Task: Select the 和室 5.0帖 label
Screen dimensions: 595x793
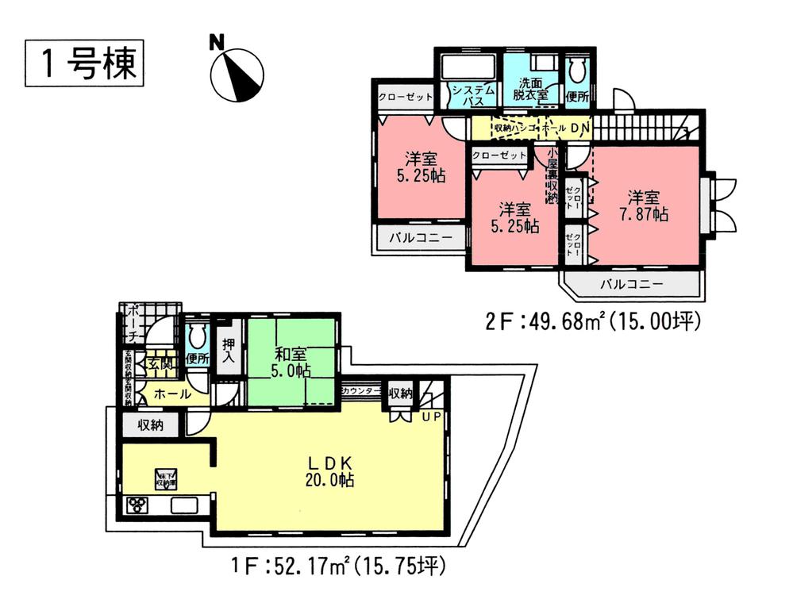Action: [x=290, y=362]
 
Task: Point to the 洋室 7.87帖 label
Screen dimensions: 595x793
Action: [x=643, y=204]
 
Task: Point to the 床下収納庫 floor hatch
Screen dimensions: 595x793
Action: [x=164, y=478]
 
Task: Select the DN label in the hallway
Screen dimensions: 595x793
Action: [x=579, y=127]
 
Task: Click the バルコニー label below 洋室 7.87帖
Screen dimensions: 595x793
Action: [x=631, y=283]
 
